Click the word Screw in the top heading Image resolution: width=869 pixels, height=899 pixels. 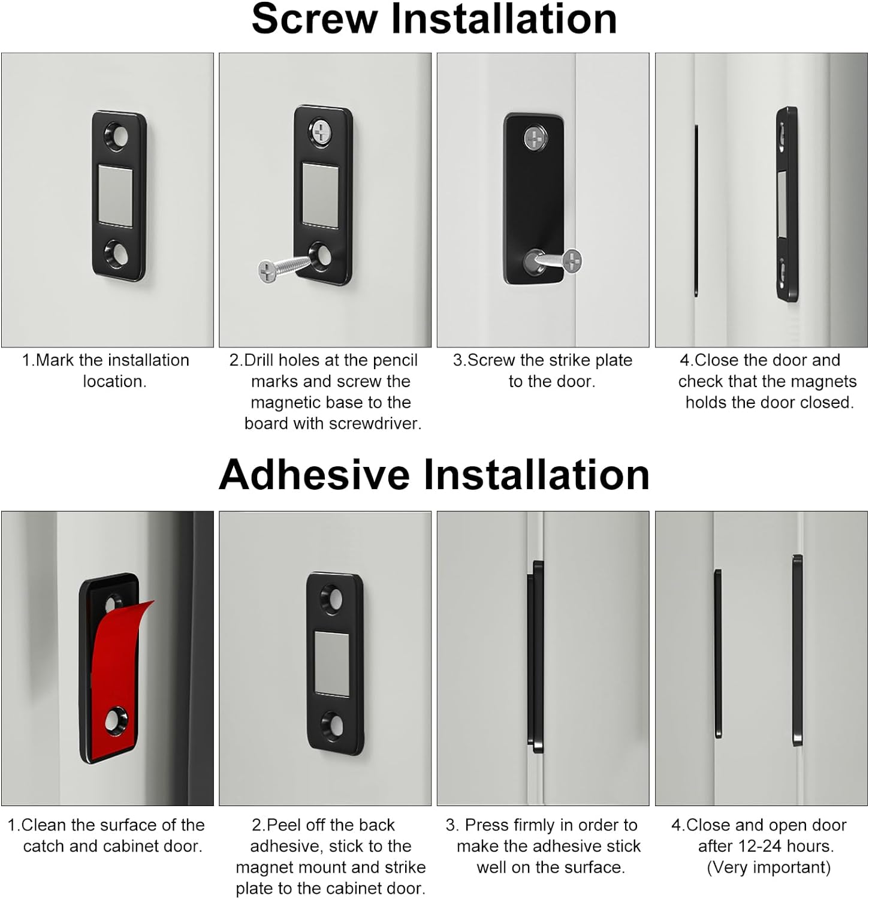pos(315,19)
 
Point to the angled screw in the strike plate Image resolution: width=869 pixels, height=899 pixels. pos(553,261)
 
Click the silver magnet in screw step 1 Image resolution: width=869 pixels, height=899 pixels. pos(116,197)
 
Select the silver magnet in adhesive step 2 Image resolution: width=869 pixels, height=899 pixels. pos(333,663)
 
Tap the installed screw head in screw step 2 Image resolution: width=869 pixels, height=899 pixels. pos(322,131)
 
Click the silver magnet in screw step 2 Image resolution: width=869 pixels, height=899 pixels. pos(319,195)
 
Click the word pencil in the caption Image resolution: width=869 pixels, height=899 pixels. pos(393,361)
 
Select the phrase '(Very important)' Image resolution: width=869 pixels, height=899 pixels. pos(769,867)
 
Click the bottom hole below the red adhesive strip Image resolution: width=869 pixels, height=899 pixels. pos(115,721)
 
